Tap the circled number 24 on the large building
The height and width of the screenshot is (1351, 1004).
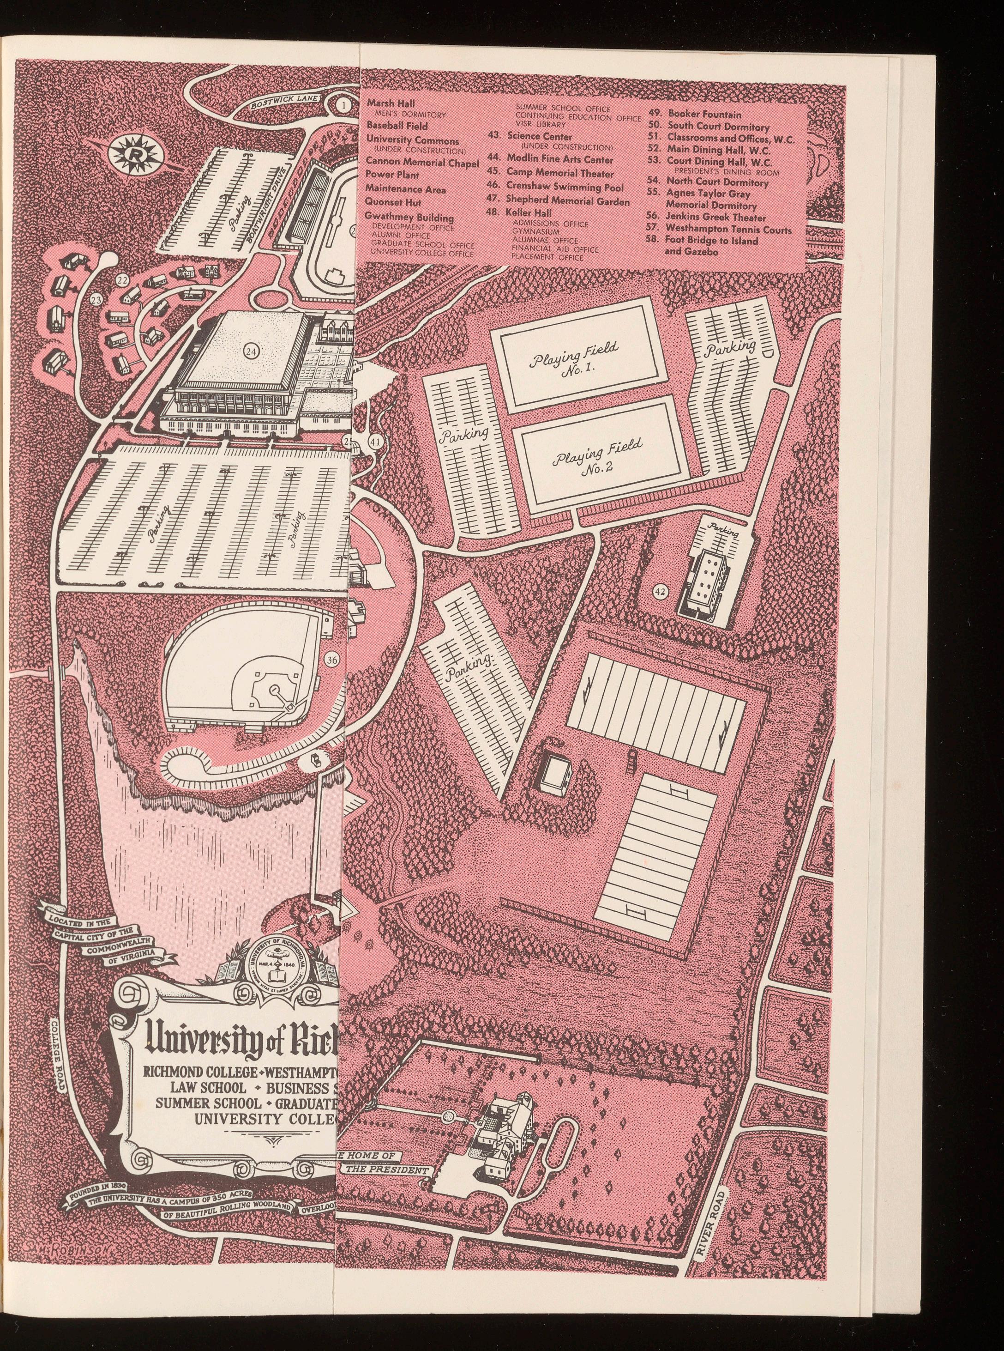(x=251, y=350)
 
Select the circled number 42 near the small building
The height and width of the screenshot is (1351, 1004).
(x=661, y=591)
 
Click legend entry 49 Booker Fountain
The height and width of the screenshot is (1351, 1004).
(x=695, y=114)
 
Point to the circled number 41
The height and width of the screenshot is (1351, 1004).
(x=375, y=443)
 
